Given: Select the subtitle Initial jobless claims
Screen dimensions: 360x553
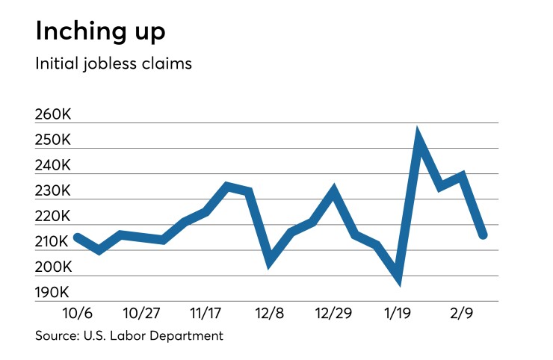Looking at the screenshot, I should [114, 64].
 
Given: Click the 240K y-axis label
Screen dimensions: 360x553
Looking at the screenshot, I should [52, 165].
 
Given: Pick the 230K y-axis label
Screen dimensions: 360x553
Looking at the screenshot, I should [52, 190].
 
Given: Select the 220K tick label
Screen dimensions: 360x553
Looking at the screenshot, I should [52, 216].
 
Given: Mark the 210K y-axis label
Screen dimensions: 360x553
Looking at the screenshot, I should [52, 241].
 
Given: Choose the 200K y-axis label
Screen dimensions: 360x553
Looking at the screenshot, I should [52, 267].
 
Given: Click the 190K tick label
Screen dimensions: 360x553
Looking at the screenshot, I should [52, 292].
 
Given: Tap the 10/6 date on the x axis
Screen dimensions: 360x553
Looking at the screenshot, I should [76, 311].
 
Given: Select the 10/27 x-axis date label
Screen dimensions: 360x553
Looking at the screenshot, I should [141, 311].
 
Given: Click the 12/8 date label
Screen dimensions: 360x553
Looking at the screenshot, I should [270, 311].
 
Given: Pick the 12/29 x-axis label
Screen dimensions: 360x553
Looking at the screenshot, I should [334, 311].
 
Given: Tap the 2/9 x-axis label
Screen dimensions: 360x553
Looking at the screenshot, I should [462, 311].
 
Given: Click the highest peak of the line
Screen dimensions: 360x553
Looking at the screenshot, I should [419, 135].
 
